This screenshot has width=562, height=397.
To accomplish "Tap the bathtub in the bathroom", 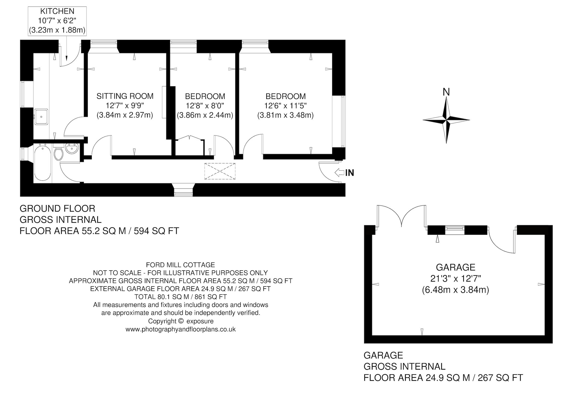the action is pyautogui.click(x=43, y=163).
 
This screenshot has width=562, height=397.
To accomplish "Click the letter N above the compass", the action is pyautogui.click(x=446, y=92).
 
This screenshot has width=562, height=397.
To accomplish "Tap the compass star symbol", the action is pyautogui.click(x=446, y=120).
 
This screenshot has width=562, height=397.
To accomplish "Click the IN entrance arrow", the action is pyautogui.click(x=339, y=173).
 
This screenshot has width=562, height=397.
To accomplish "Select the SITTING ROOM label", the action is pyautogui.click(x=125, y=96).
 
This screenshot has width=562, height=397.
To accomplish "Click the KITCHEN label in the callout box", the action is pyautogui.click(x=57, y=11).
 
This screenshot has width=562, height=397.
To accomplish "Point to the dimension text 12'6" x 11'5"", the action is pyautogui.click(x=285, y=106).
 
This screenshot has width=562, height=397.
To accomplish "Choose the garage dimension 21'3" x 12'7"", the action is pyautogui.click(x=456, y=278).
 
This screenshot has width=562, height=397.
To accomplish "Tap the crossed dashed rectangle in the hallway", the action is pyautogui.click(x=220, y=171).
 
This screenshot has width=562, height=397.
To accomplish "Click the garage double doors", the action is pyautogui.click(x=401, y=216).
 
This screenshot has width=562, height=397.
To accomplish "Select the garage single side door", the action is pyautogui.click(x=501, y=240).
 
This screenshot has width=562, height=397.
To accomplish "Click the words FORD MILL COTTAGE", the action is pyautogui.click(x=180, y=265).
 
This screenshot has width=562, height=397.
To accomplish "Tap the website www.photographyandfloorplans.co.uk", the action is pyautogui.click(x=181, y=329).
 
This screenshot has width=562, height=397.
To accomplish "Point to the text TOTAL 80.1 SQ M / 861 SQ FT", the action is pyautogui.click(x=181, y=297).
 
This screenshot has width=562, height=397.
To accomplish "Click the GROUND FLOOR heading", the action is pyautogui.click(x=57, y=209).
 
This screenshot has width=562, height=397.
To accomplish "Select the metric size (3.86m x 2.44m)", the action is pyautogui.click(x=205, y=115).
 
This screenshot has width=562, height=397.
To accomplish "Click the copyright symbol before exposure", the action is pyautogui.click(x=180, y=321).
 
